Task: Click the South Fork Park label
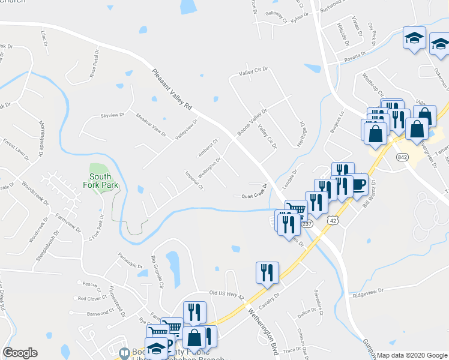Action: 101,181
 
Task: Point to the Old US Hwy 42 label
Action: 226,295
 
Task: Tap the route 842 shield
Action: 402,156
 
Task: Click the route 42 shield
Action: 332,220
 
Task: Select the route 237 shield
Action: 307,224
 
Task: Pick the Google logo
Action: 20,353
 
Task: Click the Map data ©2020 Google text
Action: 412,355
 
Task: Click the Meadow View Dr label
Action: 150,124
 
